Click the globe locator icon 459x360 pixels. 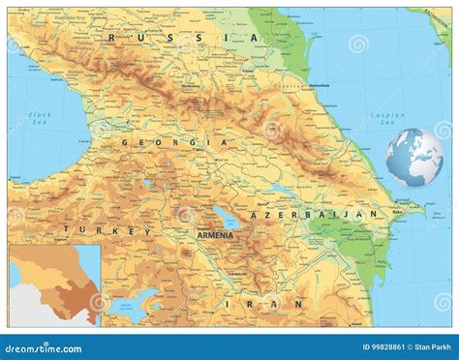(413, 158)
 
